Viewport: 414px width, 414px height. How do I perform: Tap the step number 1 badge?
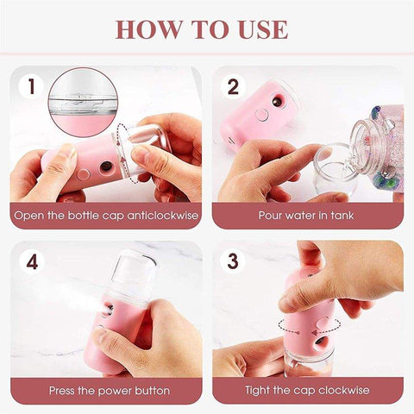click(x=32, y=86)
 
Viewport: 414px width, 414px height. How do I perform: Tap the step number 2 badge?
click(x=232, y=86)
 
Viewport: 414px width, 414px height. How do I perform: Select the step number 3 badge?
click(x=232, y=260)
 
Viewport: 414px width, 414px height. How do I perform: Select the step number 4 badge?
click(x=32, y=260)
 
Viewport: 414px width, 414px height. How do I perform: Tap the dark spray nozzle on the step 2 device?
click(x=278, y=102)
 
